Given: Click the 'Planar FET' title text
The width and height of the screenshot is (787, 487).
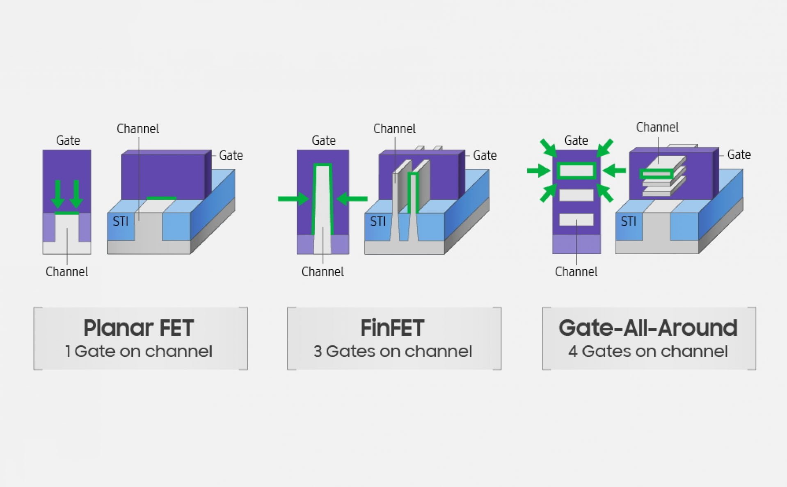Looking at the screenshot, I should pos(138,328).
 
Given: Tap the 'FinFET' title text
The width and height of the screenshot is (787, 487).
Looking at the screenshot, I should pos(392,328).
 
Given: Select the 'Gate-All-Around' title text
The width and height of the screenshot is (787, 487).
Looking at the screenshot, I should pos(648,328).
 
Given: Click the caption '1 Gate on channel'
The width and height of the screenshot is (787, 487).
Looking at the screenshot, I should pos(139,351).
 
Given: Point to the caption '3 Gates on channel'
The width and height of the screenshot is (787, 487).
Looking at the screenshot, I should pos(393,351).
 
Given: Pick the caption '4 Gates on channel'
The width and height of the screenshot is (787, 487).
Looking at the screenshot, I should pos(648,351).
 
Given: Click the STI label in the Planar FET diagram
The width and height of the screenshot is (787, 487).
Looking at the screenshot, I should pos(121,222).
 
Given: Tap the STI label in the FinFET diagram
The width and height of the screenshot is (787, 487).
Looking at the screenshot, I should pos(378,222).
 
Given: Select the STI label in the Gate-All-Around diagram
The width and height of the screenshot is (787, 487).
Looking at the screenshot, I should pos(628,222).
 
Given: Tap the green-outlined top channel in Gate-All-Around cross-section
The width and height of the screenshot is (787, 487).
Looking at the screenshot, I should pos(577,171).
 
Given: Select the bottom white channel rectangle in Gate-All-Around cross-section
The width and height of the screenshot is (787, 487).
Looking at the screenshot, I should pos(577,220).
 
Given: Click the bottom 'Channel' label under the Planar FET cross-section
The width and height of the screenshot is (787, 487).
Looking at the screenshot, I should pos(67,272).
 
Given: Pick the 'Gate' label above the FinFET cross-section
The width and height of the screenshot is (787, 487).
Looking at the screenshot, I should pos(324,141).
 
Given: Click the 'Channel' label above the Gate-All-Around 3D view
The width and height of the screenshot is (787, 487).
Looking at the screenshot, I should pos(657,127).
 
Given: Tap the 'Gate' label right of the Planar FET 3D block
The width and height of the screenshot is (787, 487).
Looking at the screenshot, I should pos(231,155).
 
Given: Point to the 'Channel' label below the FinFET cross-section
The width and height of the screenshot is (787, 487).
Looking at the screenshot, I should pos(323,272).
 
